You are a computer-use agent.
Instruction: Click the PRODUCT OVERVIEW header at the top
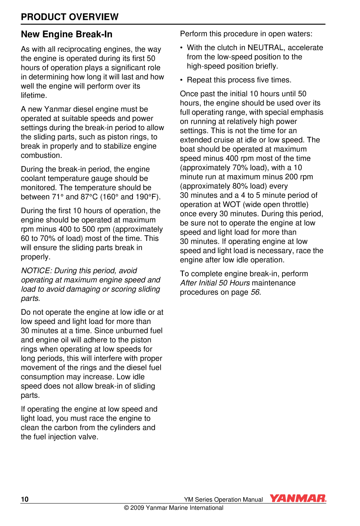[70, 17]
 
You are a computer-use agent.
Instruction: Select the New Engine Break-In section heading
[66, 34]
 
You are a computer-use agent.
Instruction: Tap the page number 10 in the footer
[25, 500]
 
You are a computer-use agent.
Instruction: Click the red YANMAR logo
[298, 499]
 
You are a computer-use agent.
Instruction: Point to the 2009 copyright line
[174, 508]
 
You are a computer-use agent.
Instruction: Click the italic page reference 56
[255, 292]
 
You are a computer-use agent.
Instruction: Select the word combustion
[41, 155]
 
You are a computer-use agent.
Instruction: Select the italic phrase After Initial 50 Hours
[215, 283]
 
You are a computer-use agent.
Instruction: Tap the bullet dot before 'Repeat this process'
[182, 80]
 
